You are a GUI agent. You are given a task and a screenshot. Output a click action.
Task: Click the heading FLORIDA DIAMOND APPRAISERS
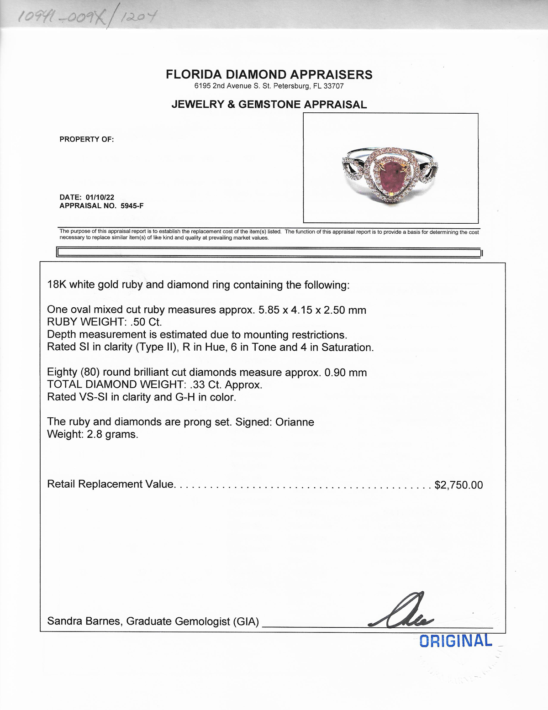(269, 74)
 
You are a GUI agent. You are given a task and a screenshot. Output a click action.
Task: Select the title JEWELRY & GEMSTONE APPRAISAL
(269, 105)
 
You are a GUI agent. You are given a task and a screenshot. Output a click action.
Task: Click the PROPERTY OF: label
(86, 139)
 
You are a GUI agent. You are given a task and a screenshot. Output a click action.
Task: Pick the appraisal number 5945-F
(132, 205)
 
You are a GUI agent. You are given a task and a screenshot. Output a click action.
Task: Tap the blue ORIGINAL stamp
(455, 641)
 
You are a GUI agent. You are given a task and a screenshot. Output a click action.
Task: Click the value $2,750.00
(458, 484)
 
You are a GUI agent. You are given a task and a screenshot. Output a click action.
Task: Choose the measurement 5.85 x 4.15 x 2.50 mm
(312, 310)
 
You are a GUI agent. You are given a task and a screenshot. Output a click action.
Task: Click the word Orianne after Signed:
(295, 421)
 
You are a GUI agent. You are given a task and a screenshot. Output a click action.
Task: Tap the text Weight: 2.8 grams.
(93, 434)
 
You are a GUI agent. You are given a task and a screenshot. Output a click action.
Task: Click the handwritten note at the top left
(87, 18)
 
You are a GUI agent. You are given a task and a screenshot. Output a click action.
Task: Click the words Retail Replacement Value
(110, 484)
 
